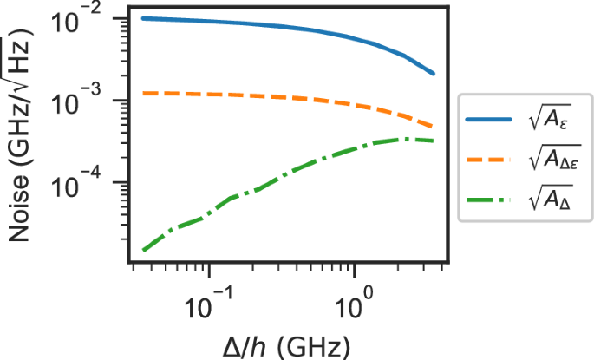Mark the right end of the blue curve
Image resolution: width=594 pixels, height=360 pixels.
pos(434,74)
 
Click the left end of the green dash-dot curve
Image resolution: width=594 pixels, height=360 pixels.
pos(143,251)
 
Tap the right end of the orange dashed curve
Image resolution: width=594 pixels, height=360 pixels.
pos(434,128)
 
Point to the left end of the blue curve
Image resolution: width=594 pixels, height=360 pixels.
pos(143,18)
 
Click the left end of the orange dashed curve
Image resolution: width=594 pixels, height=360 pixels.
pos(143,92)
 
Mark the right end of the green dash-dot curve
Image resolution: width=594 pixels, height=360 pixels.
pos(434,141)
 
